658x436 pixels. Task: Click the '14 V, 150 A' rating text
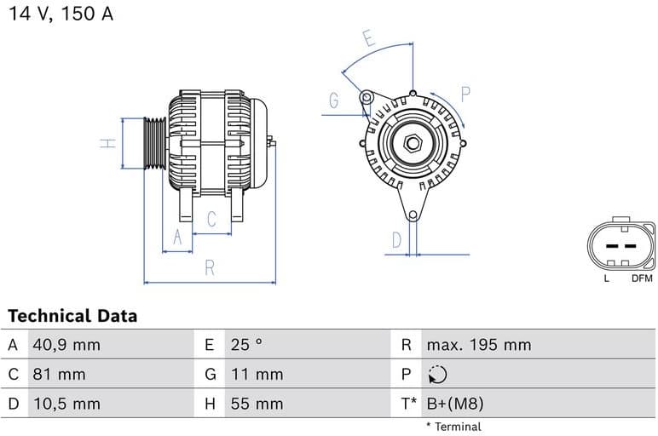[x=61, y=14]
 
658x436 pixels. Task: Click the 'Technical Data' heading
[x=72, y=316]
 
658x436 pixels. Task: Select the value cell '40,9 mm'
[x=66, y=345]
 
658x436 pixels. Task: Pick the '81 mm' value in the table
[x=59, y=375]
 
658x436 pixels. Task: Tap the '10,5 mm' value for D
[x=66, y=404]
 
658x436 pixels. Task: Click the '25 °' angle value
[x=246, y=345]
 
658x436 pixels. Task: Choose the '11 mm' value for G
[x=256, y=375]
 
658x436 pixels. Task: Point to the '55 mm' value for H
[x=256, y=404]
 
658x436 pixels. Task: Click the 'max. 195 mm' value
[x=478, y=345]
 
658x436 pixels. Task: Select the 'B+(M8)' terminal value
[x=454, y=404]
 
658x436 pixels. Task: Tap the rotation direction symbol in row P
[x=436, y=375]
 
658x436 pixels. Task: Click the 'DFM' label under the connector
[x=642, y=278]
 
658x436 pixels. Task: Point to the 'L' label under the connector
[x=606, y=278]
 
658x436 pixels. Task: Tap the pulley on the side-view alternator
[x=154, y=143]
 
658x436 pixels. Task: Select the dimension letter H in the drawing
[x=107, y=143]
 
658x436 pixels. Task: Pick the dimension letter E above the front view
[x=368, y=38]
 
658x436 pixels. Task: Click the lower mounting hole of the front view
[x=413, y=215]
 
